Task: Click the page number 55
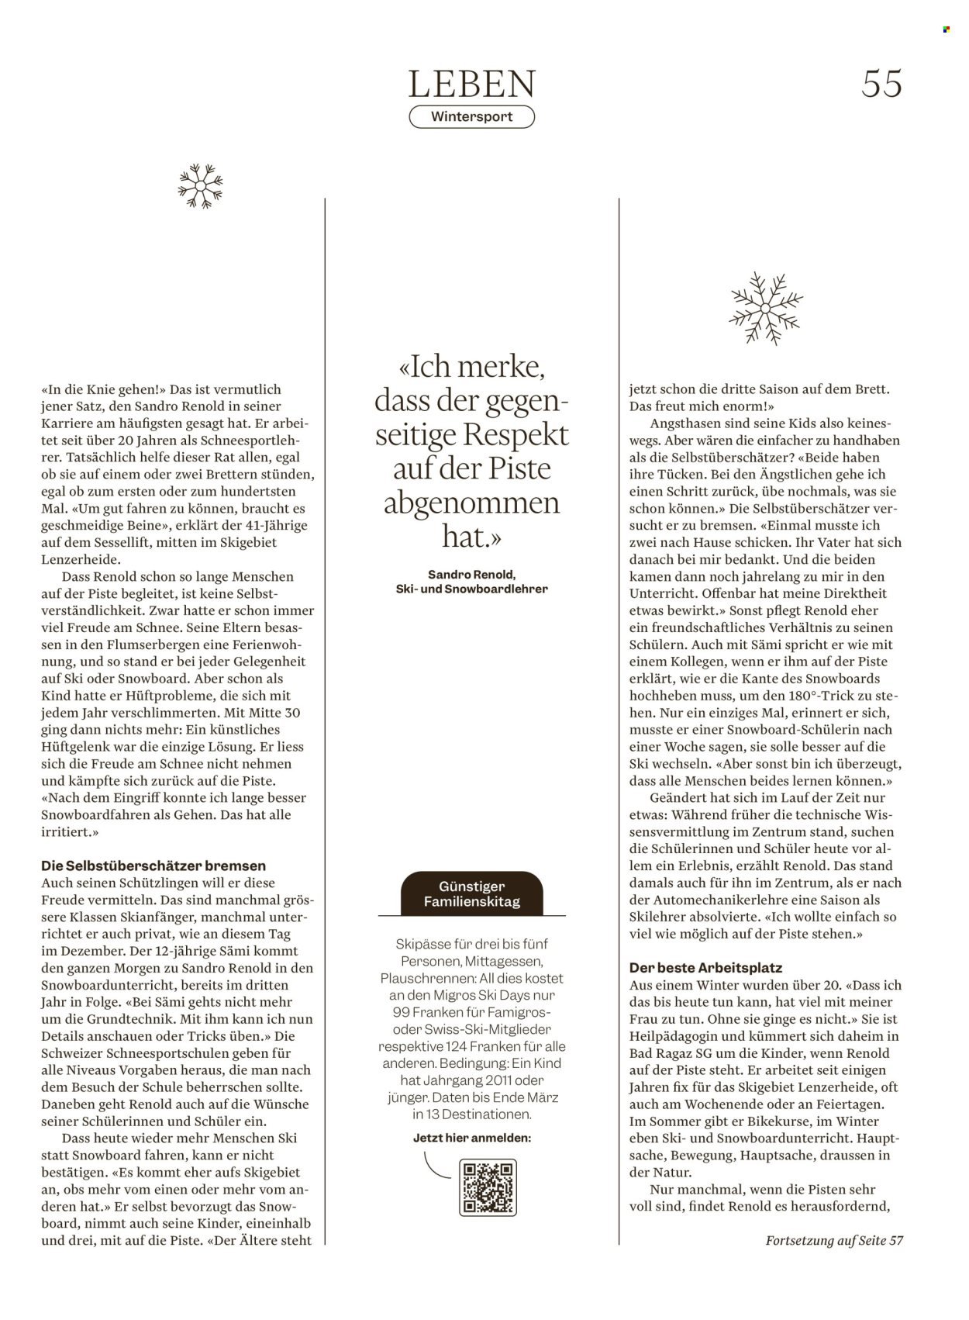[881, 84]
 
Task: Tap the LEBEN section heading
[472, 84]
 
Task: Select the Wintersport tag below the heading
[472, 117]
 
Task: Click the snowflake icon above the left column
[200, 186]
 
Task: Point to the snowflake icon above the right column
[767, 307]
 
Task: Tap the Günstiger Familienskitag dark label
[472, 893]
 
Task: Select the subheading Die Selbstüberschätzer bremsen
[153, 866]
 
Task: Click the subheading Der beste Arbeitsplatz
[705, 968]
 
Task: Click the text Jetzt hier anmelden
[472, 1138]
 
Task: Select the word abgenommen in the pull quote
[472, 503]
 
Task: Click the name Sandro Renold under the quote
[472, 575]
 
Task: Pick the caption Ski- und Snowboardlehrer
[472, 589]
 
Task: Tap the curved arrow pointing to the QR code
[438, 1166]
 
